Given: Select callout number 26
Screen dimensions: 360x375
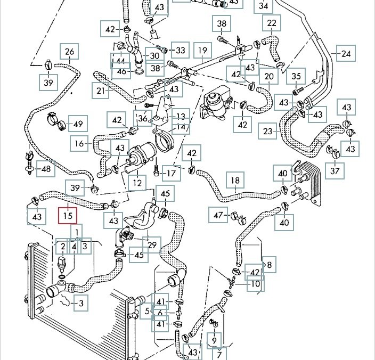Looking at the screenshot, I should [x=69, y=52].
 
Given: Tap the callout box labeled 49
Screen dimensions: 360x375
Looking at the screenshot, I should [x=78, y=125].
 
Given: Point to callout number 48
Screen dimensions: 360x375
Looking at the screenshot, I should [x=47, y=169].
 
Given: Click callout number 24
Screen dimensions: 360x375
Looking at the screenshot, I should [x=346, y=54].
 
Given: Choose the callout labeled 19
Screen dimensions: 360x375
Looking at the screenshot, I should [x=202, y=51].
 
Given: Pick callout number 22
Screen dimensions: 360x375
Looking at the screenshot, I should [x=272, y=23].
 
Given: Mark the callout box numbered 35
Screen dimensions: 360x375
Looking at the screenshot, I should [x=297, y=77].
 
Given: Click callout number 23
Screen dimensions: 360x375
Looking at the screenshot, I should [x=267, y=131].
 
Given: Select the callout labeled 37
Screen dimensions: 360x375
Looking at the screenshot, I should [x=335, y=170].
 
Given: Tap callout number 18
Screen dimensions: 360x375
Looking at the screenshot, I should [x=235, y=181].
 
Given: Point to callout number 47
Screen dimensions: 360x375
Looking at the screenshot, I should [x=218, y=215].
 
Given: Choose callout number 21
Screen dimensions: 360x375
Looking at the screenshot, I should [x=102, y=91].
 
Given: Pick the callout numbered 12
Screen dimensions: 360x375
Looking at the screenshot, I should [x=138, y=183].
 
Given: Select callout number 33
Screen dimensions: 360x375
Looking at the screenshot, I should [x=181, y=51].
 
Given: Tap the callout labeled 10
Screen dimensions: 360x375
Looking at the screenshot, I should [x=256, y=284].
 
